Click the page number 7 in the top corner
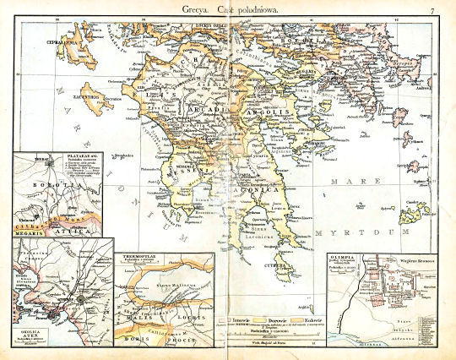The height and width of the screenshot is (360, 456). (x=431, y=10)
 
